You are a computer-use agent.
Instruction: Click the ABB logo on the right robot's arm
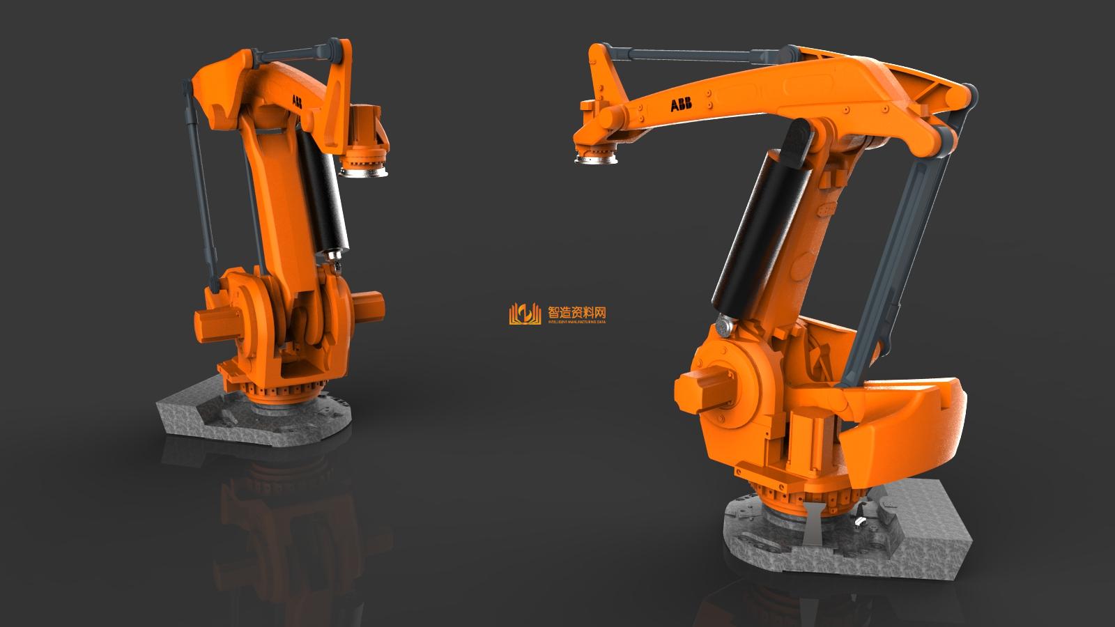[681, 105]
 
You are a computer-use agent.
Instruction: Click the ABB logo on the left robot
[298, 101]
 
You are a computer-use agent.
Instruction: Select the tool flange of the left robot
[364, 167]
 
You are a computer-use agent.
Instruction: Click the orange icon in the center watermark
[525, 314]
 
